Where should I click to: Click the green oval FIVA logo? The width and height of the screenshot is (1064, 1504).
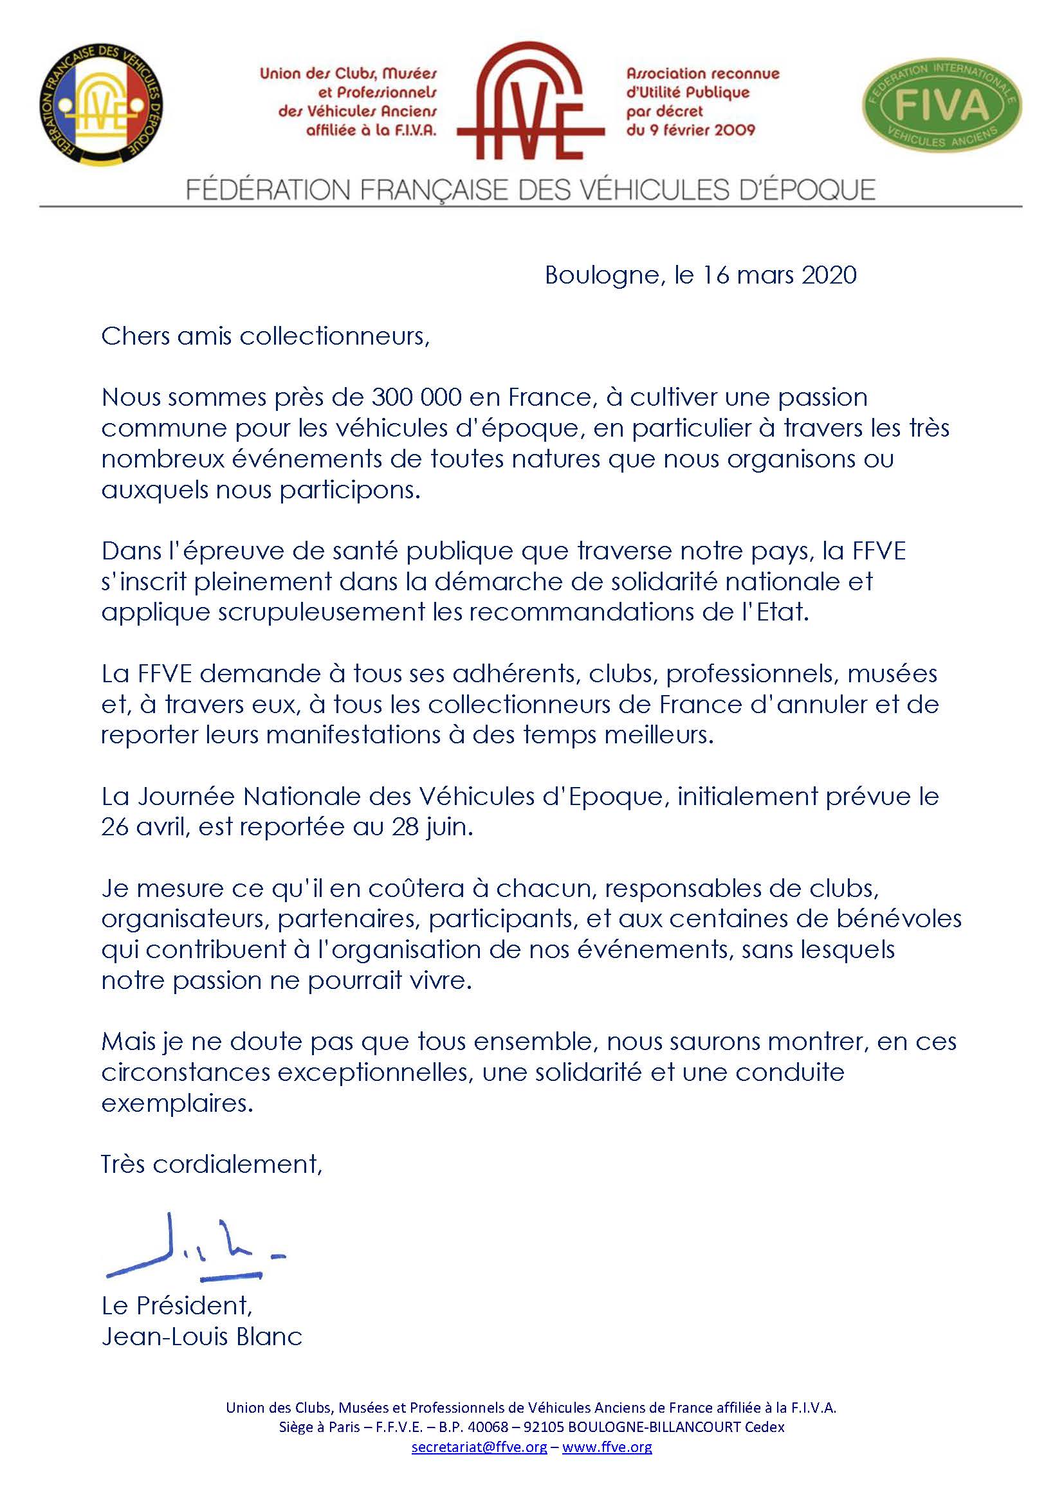coord(942,104)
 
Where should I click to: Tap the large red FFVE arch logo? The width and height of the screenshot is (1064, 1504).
coord(531,102)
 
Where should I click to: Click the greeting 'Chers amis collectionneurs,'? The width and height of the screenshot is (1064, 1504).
coord(265,337)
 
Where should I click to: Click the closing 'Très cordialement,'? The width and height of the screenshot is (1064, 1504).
coord(212,1164)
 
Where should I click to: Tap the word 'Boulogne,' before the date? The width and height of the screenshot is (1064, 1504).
coord(602,275)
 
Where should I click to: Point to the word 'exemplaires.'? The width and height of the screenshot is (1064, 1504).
coord(177,1103)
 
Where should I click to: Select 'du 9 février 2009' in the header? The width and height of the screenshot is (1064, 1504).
coord(690,130)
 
